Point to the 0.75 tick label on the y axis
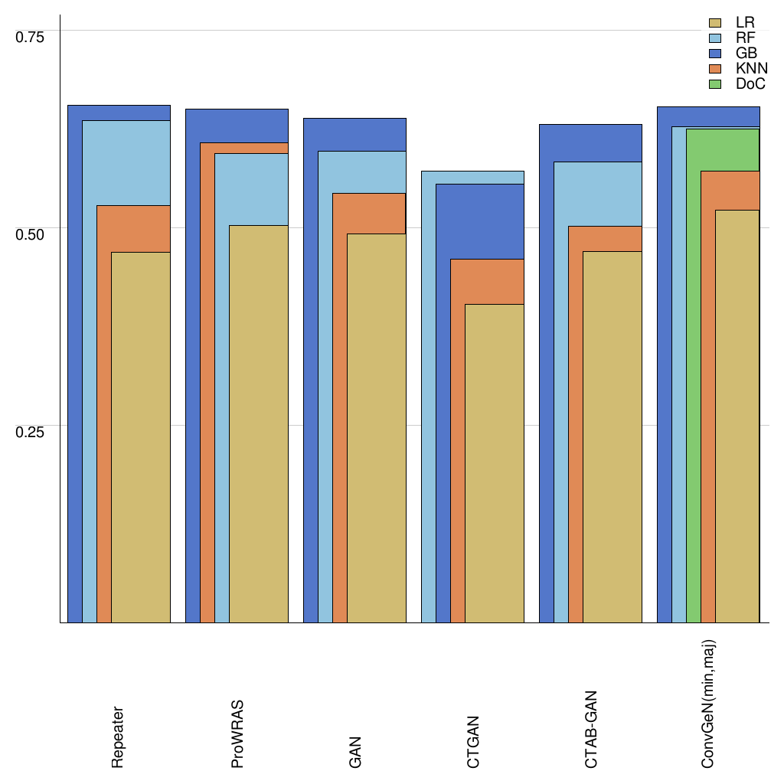click(31, 36)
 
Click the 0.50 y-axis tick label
click(31, 234)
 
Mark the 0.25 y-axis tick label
click(31, 431)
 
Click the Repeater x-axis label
click(118, 737)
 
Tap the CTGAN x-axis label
click(473, 742)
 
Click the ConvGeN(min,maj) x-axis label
click(709, 705)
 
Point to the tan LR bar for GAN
click(376, 428)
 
